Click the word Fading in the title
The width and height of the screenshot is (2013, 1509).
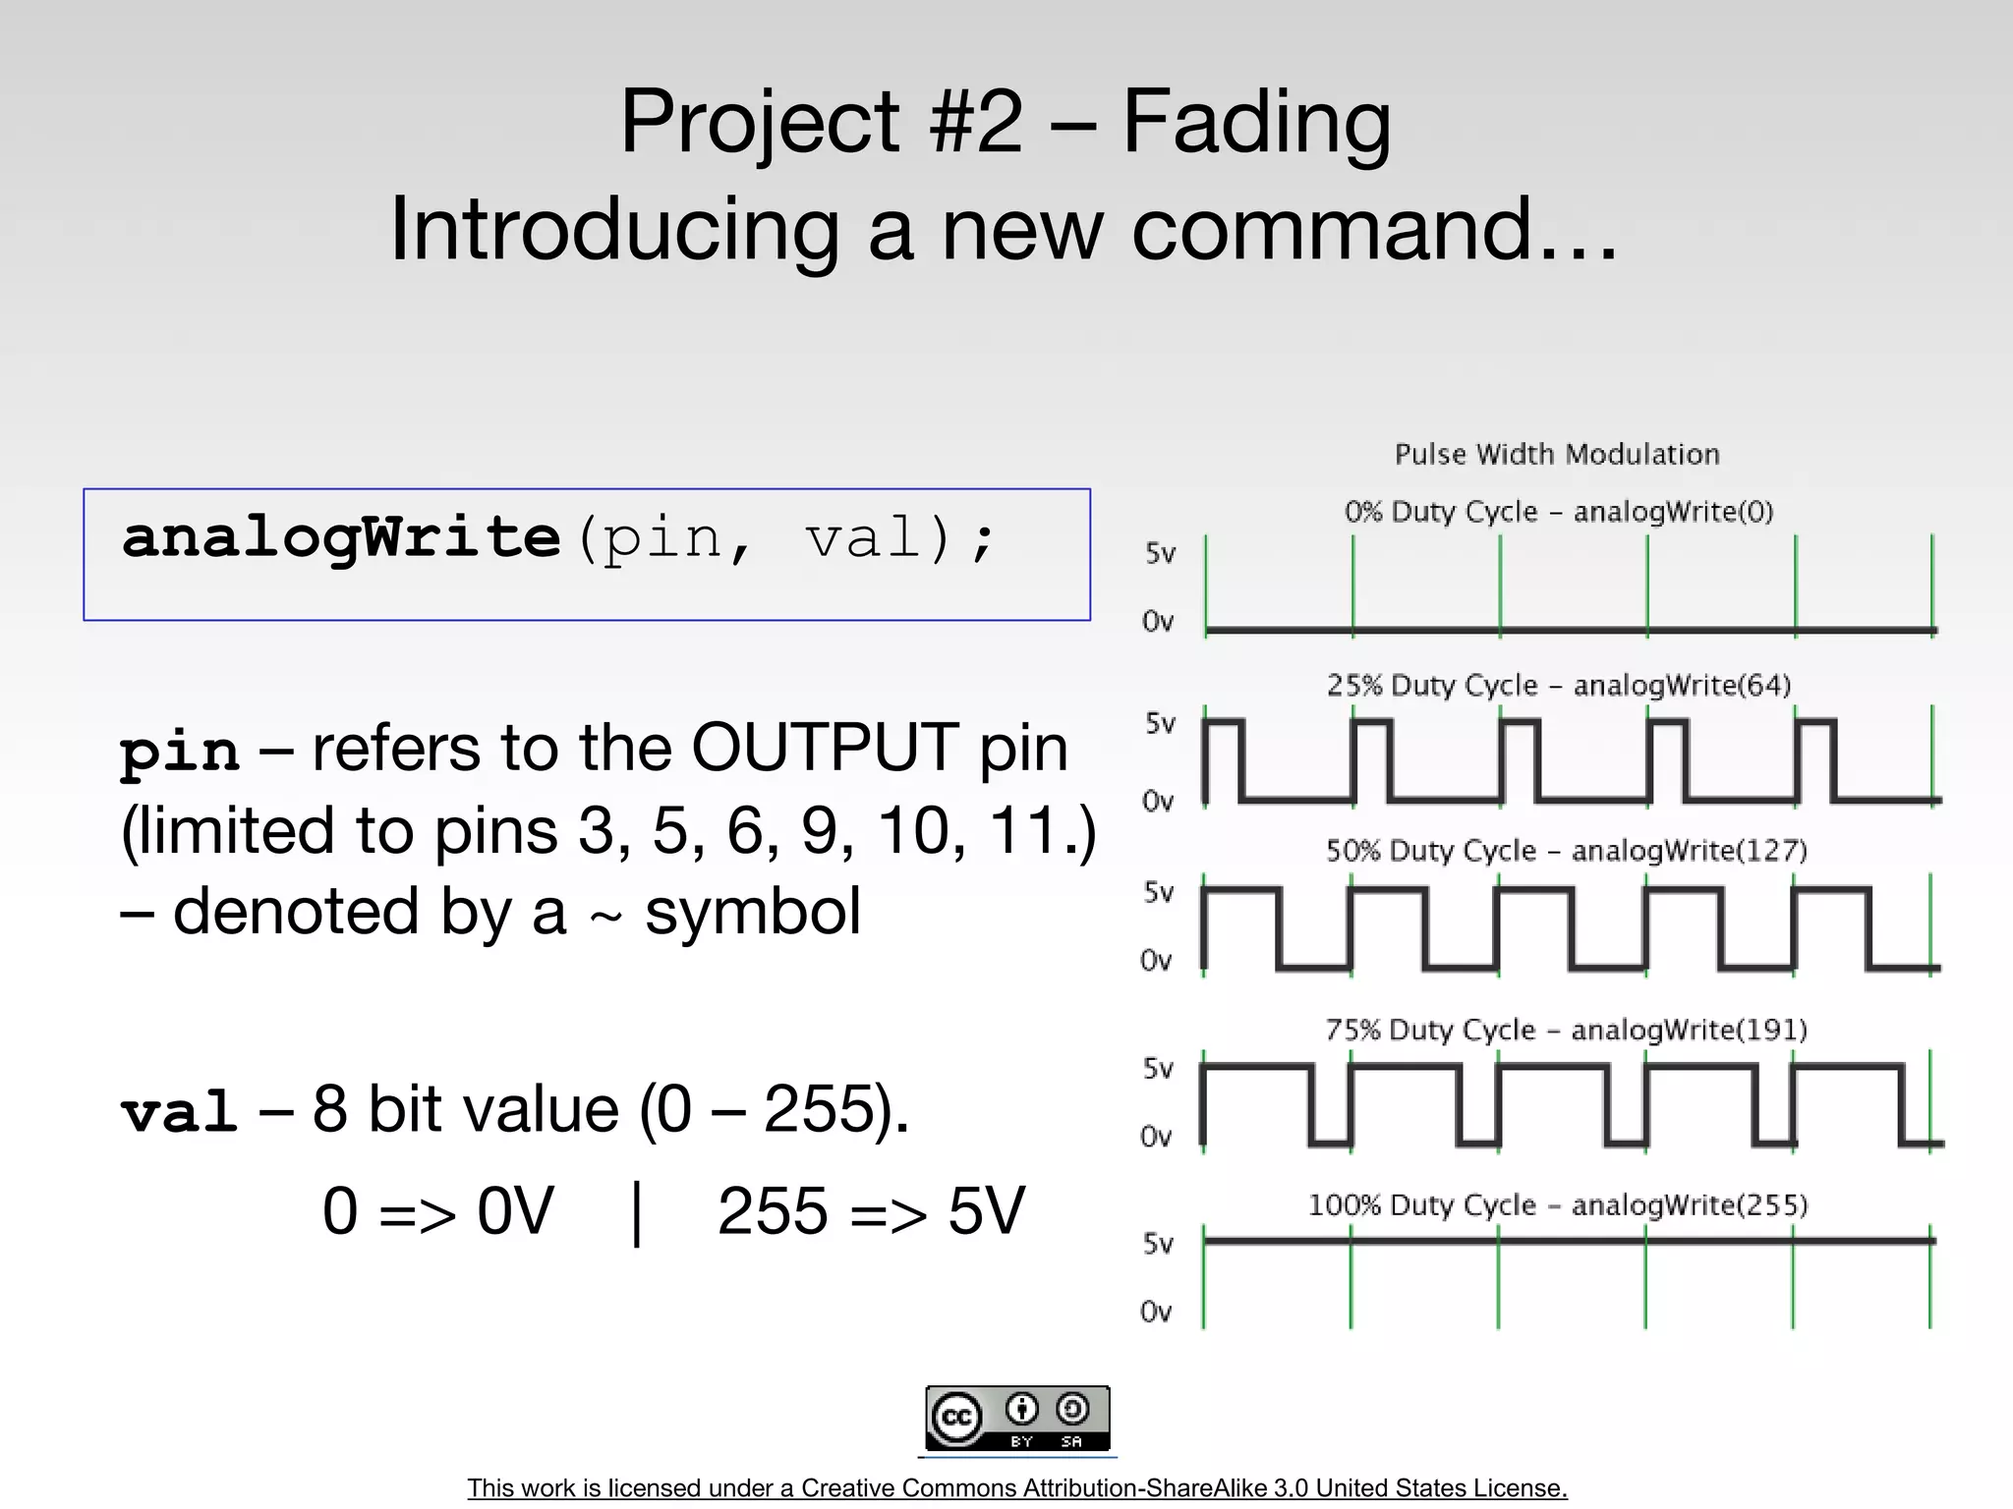[x=1256, y=123]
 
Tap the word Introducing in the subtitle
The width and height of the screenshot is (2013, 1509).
[x=614, y=229]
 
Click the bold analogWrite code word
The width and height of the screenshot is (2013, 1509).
[x=341, y=538]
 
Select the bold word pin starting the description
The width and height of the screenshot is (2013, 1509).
[x=179, y=752]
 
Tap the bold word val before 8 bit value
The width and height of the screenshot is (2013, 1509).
[x=179, y=1112]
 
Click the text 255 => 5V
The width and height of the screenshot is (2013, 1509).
[x=871, y=1211]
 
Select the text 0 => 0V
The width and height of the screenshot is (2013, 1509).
[x=438, y=1211]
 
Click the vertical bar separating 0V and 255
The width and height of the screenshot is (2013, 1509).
[x=637, y=1213]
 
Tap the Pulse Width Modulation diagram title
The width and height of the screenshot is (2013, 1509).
[x=1557, y=454]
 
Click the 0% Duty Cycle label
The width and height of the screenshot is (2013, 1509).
[x=1559, y=512]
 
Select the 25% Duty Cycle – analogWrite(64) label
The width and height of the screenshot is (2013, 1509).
[x=1559, y=685]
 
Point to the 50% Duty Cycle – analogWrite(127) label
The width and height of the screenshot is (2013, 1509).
[x=1567, y=851]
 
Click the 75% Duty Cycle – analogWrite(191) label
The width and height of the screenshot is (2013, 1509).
[x=1567, y=1030]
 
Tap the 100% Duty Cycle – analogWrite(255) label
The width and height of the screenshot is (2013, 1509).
[x=1558, y=1205]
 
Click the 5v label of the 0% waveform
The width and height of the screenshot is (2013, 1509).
[x=1160, y=553]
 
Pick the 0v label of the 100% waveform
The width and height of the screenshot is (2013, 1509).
[x=1156, y=1312]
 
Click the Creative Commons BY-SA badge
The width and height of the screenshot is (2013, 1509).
[x=1017, y=1418]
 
